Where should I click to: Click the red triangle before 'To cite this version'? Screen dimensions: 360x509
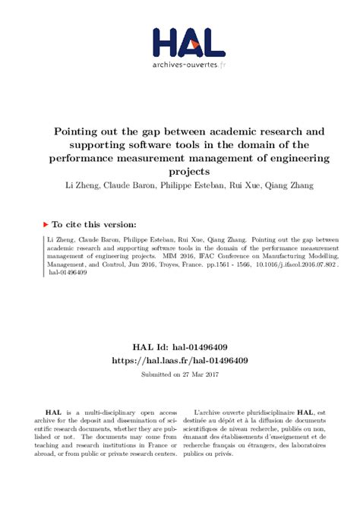(x=46, y=225)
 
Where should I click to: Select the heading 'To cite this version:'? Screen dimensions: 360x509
(x=94, y=225)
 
